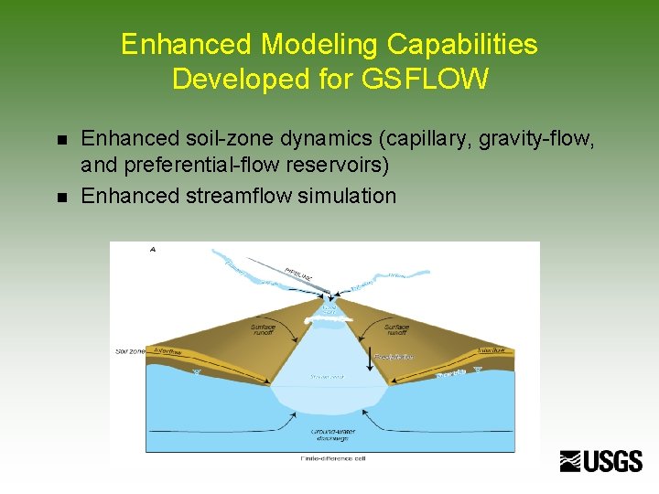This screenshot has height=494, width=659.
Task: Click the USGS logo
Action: click(x=601, y=461)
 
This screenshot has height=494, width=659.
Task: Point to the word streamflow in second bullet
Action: click(x=242, y=196)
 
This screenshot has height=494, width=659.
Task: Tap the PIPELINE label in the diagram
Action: click(x=299, y=272)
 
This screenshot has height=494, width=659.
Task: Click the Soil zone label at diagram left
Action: click(x=130, y=350)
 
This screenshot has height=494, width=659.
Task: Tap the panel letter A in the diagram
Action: click(x=151, y=249)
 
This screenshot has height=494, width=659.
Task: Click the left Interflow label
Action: click(x=167, y=351)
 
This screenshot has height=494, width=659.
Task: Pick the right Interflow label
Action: click(x=491, y=350)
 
